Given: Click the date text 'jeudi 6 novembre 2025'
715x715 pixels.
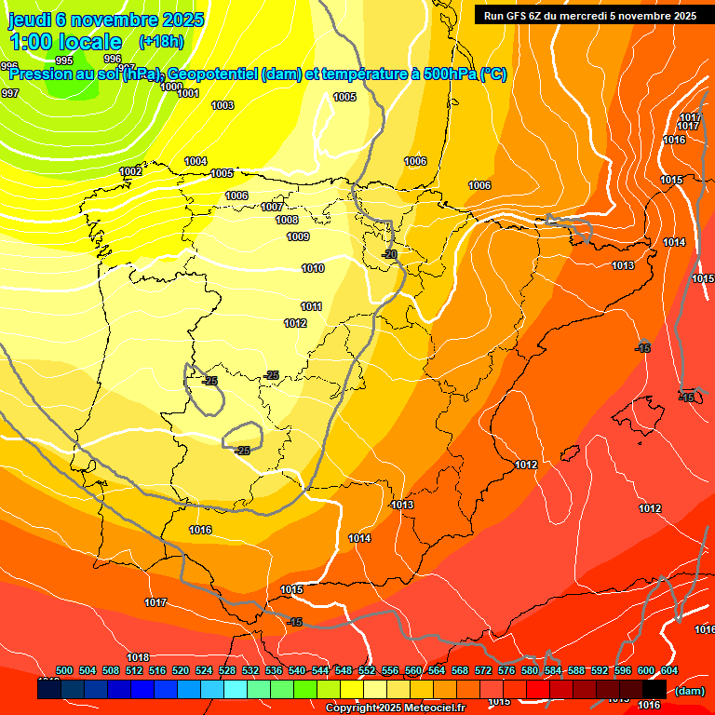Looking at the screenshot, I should tap(106, 20).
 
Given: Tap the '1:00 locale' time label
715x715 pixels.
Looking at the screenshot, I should tap(65, 42).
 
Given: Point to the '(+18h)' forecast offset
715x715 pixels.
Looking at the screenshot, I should tap(161, 42).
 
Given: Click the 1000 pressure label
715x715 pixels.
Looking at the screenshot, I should tap(171, 87).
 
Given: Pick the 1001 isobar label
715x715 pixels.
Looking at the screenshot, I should tap(188, 93).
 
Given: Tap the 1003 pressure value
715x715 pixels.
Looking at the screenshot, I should tap(223, 106).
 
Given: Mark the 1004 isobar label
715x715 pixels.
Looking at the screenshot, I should tap(196, 162).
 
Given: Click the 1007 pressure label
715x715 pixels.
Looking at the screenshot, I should tap(272, 207).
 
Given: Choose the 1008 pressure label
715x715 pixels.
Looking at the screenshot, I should tap(287, 221).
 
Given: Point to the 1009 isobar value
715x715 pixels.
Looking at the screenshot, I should tap(298, 237).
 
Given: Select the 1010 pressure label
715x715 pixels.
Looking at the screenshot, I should tap(313, 269).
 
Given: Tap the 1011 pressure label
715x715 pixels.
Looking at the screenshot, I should tap(311, 307).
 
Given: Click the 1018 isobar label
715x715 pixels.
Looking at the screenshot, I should tap(139, 657).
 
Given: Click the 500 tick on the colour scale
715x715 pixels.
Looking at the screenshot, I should tap(64, 670).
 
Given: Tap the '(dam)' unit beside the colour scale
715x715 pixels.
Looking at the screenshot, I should tap(690, 691).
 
